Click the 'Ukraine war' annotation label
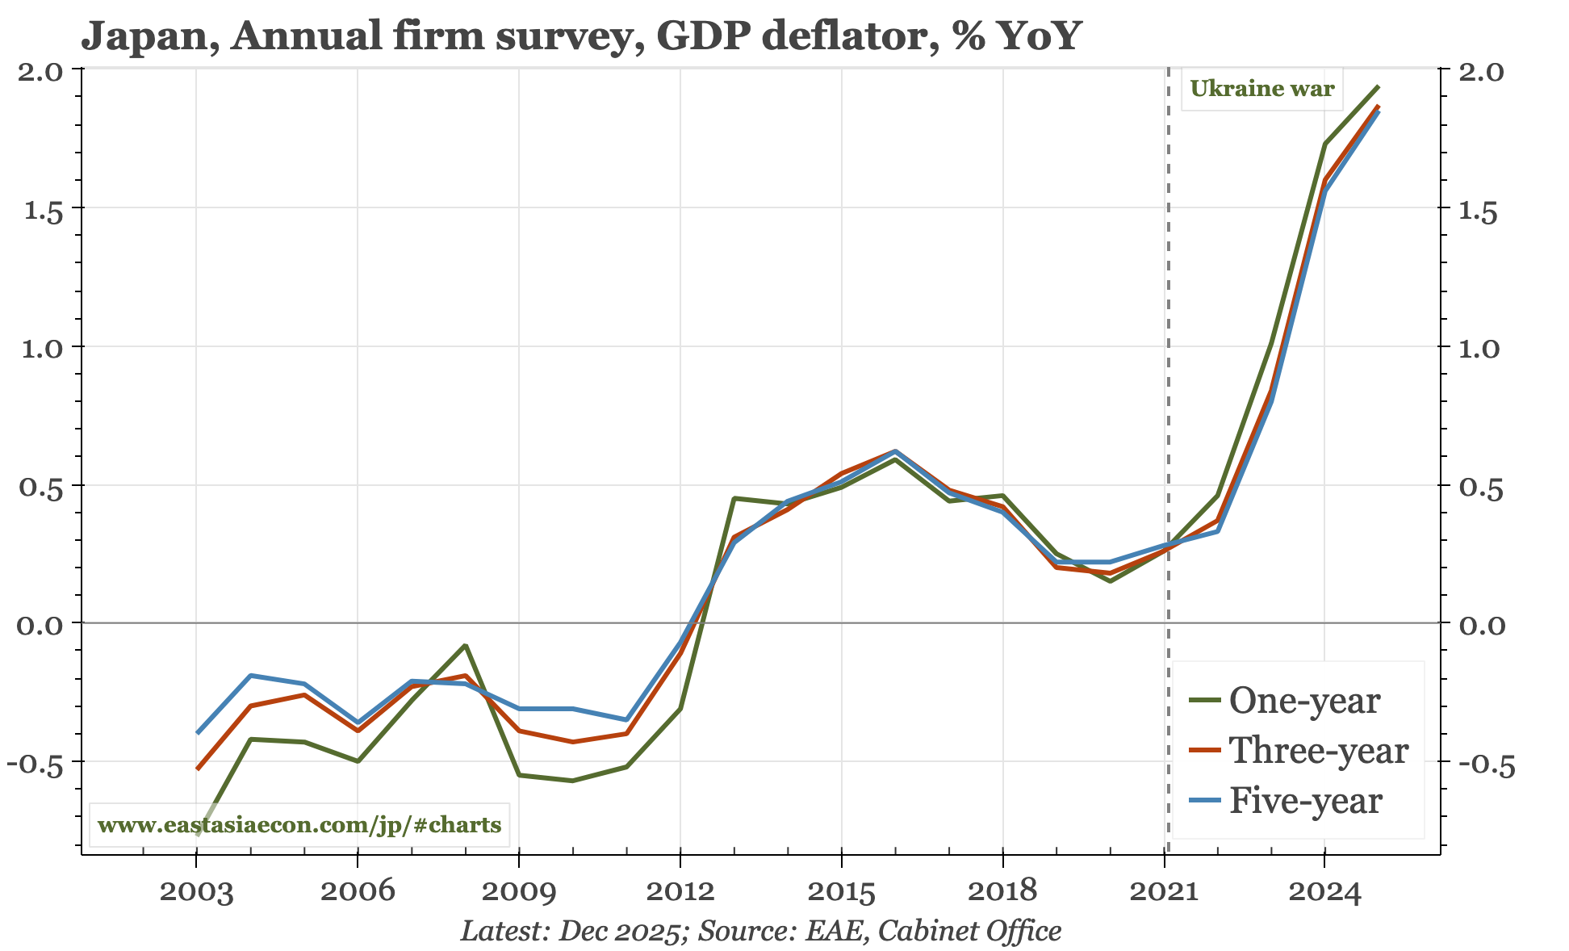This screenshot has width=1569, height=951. tap(1261, 89)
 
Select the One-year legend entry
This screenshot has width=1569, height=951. tap(1303, 701)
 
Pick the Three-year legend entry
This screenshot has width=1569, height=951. tap(1317, 751)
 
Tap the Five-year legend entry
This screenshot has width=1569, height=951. tap(1304, 801)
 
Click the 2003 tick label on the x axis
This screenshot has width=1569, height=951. tap(196, 893)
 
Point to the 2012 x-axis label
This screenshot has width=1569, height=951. tap(680, 893)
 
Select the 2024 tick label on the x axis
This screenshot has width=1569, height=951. tap(1324, 893)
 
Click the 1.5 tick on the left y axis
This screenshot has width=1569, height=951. tap(43, 212)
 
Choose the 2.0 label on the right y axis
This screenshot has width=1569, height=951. tap(1482, 73)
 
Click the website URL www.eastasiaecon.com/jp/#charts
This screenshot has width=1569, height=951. tap(299, 825)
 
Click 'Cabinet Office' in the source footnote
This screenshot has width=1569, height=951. tap(969, 932)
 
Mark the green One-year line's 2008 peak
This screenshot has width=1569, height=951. tap(466, 645)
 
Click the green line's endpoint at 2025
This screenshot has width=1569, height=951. tap(1379, 86)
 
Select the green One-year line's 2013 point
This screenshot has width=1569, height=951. tap(734, 498)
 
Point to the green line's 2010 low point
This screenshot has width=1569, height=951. tap(572, 781)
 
